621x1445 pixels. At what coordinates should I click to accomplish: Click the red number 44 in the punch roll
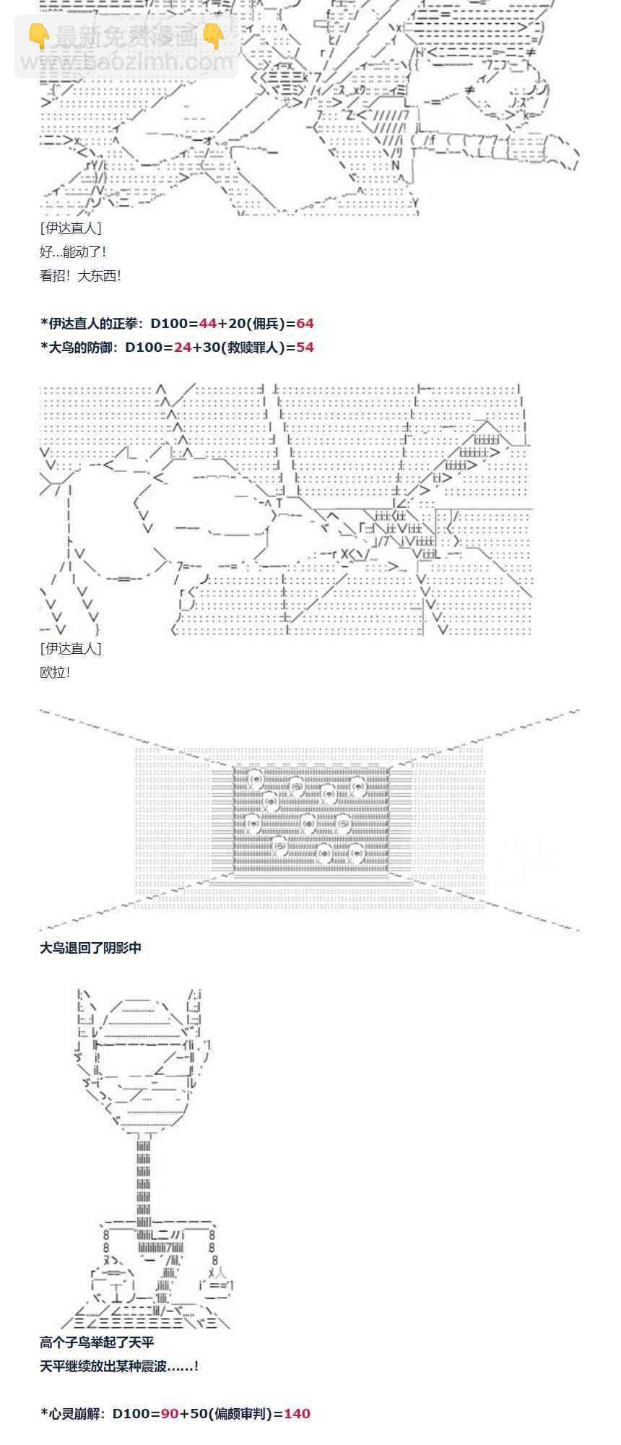(208, 324)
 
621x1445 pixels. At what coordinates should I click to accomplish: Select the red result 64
(305, 324)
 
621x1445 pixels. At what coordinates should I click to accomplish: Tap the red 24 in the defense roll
(183, 348)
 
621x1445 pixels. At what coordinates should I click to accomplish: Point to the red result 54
(305, 348)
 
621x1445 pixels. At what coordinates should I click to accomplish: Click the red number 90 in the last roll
(170, 1413)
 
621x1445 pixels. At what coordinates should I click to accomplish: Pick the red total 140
(297, 1413)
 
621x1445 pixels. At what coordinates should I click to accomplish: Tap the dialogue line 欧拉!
(56, 673)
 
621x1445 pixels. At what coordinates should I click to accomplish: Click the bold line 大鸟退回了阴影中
(91, 948)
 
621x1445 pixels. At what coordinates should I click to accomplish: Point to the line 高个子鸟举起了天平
(97, 1342)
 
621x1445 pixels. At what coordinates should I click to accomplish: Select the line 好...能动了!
(74, 252)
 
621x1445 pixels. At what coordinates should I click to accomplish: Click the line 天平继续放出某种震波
(119, 1366)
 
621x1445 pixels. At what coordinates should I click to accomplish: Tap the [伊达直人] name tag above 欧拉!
(71, 649)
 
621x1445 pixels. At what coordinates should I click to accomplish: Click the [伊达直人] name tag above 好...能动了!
(71, 228)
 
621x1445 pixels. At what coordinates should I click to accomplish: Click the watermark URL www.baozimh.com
(127, 62)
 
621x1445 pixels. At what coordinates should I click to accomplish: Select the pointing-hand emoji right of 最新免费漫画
(213, 36)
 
